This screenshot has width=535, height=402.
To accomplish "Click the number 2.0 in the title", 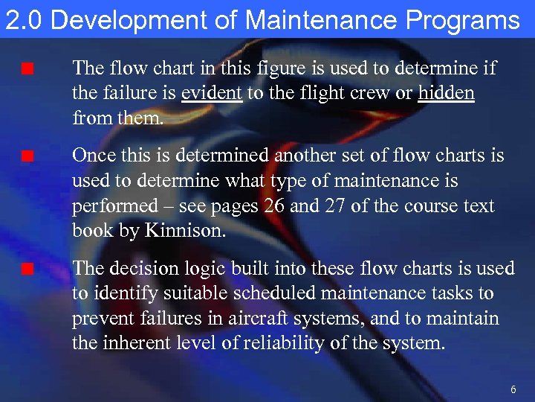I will pos(25,20).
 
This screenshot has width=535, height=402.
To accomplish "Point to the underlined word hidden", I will pos(447,94).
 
